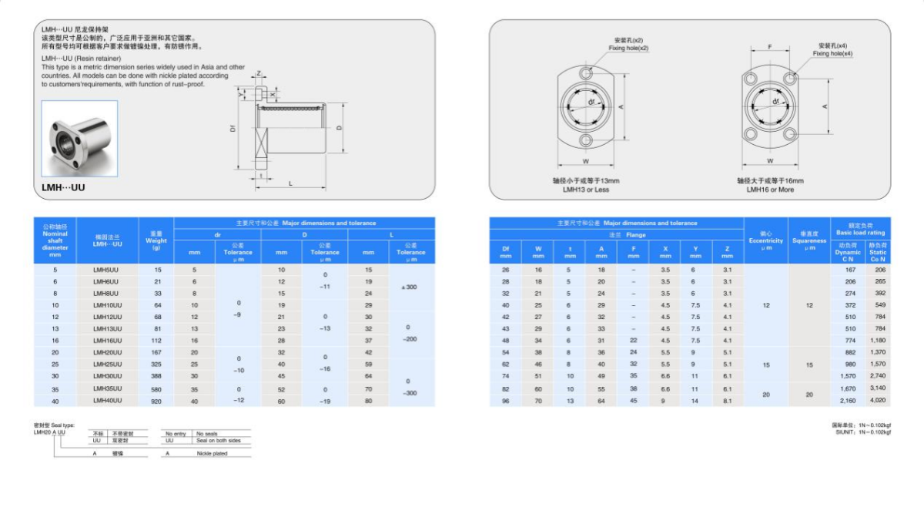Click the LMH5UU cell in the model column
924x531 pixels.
click(x=106, y=270)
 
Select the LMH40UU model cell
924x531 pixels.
click(x=107, y=401)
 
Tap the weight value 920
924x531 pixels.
click(x=157, y=401)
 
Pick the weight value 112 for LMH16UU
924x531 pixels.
click(x=157, y=341)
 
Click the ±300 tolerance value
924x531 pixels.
click(x=410, y=287)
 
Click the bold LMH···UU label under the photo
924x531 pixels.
click(x=63, y=187)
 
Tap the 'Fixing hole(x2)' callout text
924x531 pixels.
click(x=628, y=48)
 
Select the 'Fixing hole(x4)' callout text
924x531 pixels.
click(x=833, y=54)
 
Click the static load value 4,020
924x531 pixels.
click(x=878, y=401)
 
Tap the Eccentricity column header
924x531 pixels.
click(x=765, y=240)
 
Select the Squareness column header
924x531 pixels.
click(x=808, y=240)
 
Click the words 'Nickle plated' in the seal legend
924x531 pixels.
click(x=212, y=454)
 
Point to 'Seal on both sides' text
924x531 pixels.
click(x=218, y=441)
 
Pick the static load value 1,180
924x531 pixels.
click(x=878, y=341)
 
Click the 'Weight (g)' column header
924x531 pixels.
click(x=156, y=240)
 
